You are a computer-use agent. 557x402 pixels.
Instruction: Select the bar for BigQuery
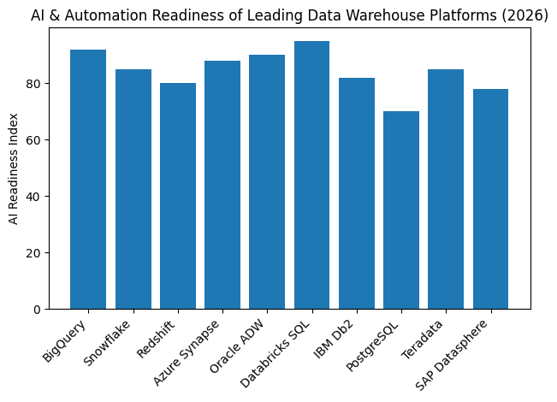[88, 180]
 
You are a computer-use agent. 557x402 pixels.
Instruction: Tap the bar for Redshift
[177, 196]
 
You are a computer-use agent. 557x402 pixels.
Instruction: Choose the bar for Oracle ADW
[267, 182]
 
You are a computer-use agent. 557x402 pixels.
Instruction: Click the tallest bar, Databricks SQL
[311, 175]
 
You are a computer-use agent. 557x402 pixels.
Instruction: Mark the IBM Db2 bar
[356, 193]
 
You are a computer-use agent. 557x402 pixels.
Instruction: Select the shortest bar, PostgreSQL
[401, 210]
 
